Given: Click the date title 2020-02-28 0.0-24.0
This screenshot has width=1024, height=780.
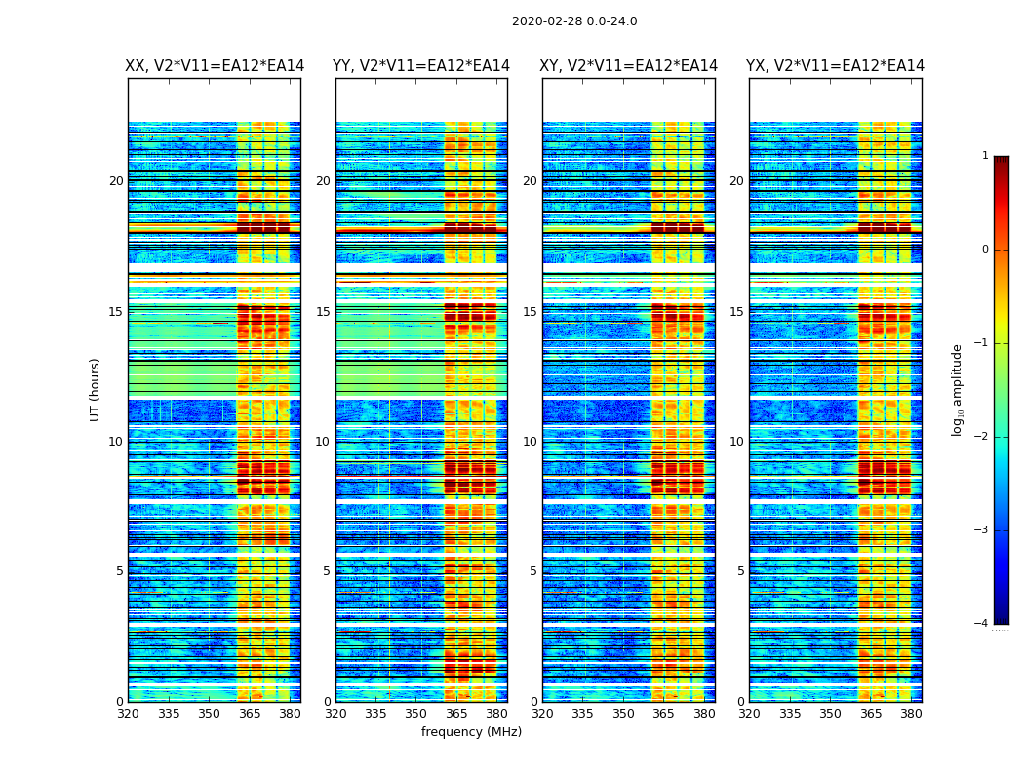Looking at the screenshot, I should point(574,21).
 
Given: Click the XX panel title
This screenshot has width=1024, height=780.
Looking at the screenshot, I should point(215,66).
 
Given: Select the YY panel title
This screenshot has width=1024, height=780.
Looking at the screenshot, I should point(421,66).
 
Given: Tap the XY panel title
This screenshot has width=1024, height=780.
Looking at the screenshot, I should point(629,66).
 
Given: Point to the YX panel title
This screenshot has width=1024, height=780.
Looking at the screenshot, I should point(835,66).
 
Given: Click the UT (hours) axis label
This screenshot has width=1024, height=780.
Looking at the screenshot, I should point(96,389).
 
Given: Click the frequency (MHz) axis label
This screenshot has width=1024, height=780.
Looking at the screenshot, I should point(471,732).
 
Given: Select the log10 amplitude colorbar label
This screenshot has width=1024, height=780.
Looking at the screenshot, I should point(958,389).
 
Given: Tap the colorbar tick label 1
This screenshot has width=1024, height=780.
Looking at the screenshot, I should point(984,156).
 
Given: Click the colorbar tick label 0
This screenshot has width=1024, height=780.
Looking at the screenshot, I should point(984,250).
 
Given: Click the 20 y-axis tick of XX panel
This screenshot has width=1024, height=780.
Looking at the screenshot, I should point(116,181).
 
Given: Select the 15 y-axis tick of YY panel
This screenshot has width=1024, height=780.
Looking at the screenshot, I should point(323,312).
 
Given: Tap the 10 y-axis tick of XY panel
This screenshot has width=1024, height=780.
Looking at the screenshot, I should point(530,442).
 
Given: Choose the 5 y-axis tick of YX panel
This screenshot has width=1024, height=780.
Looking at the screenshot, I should point(740,571).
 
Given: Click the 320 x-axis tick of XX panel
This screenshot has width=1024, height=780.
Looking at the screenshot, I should point(128,714).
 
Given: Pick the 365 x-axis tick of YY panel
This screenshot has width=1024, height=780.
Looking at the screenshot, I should point(456,714).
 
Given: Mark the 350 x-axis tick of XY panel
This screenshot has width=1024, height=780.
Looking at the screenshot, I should point(623,714).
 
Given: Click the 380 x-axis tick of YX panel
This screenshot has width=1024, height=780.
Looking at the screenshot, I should point(911,714).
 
